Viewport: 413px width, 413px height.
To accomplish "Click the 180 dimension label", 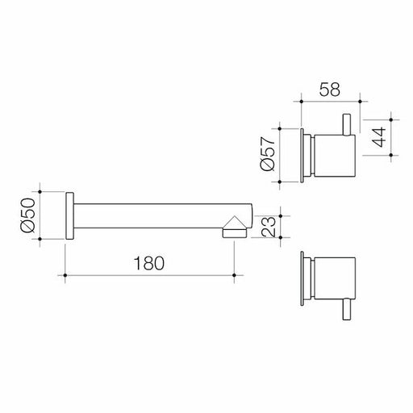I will [150, 263].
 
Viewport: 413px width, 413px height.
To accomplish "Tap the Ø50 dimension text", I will [29, 215].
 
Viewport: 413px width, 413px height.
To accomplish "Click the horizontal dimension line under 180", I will [150, 277].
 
